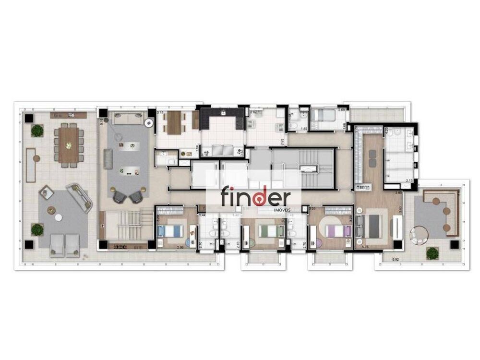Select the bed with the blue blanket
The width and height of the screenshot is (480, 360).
(x=170, y=231)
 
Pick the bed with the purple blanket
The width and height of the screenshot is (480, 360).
(x=338, y=231)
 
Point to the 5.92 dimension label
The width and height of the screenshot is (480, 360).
(x=396, y=260)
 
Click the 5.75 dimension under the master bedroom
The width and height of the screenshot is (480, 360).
(x=365, y=247)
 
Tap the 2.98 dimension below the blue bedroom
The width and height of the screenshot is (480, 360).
(x=180, y=247)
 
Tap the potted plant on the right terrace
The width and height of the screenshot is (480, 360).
(x=432, y=252)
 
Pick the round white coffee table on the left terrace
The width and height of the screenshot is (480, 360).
(x=59, y=217)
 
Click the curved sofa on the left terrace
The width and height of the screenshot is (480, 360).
(x=79, y=197)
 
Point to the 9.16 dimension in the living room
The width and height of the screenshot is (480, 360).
(x=102, y=122)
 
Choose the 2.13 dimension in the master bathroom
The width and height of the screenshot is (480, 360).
(x=409, y=180)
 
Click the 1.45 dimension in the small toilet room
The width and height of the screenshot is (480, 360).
(x=303, y=129)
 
